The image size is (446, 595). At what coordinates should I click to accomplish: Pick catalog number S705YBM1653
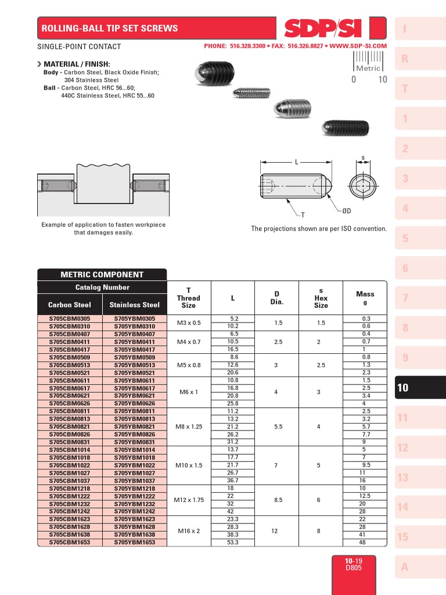[x=135, y=542]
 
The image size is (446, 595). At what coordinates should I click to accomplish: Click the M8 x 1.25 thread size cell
[x=189, y=426]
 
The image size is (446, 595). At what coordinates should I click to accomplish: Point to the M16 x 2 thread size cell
[x=189, y=531]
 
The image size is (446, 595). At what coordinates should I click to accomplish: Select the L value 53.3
[x=233, y=542]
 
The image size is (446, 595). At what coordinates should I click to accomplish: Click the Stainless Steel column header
[x=135, y=304]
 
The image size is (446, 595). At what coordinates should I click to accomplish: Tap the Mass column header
[x=365, y=297]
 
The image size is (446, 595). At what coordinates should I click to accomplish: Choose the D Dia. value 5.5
[x=277, y=426]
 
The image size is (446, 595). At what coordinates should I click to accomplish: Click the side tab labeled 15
[x=403, y=537]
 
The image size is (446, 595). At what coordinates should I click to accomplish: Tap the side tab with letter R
[x=405, y=59]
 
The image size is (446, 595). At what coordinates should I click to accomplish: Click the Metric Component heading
[x=102, y=275]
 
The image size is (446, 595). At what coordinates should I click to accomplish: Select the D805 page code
[x=353, y=568]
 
